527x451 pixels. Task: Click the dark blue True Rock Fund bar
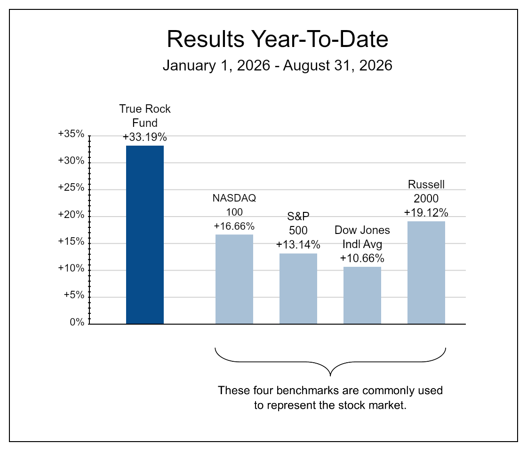pos(145,234)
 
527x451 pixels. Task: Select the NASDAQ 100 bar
pos(234,279)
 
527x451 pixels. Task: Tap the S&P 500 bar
pos(298,288)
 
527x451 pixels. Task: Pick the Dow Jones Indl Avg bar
pos(362,295)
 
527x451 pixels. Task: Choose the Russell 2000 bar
pos(426,272)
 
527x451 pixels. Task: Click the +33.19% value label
pos(145,137)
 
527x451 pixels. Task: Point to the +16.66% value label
pos(234,226)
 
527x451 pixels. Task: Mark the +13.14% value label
pos(298,245)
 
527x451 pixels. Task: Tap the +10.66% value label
pos(362,258)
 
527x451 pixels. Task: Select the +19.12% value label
pos(426,212)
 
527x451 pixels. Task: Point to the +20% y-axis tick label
pos(71,214)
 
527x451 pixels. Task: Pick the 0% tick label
pos(77,322)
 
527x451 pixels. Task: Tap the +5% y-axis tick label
pos(74,295)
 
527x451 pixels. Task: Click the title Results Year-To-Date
pos(278,39)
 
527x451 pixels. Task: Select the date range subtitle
pos(278,65)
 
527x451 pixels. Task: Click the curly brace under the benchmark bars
pos(330,362)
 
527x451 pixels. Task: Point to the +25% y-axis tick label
pos(71,187)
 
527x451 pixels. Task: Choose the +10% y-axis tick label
pos(71,268)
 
